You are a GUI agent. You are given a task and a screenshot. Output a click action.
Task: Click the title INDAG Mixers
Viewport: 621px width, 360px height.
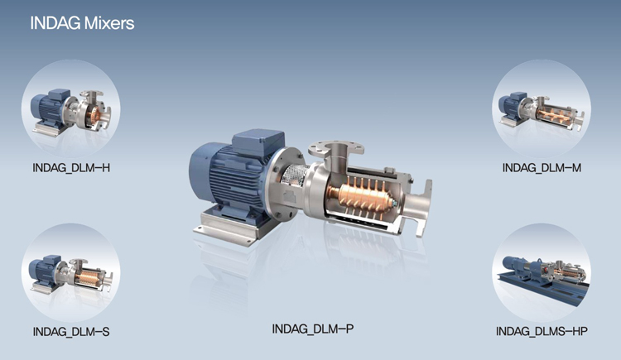tap(82, 23)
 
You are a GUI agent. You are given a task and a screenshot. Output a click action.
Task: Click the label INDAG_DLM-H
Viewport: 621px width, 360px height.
tap(71, 168)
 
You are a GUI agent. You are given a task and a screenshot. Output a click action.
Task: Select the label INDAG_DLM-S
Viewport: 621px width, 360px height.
tap(71, 332)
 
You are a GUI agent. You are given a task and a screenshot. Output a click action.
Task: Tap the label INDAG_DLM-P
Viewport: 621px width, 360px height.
tap(313, 329)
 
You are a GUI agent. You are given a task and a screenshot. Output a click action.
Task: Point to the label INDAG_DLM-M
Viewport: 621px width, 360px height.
tap(542, 168)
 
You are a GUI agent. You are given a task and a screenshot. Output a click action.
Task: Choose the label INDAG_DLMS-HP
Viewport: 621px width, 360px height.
tap(542, 331)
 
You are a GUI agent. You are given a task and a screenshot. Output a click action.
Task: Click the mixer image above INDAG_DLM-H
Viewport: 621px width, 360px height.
tap(71, 109)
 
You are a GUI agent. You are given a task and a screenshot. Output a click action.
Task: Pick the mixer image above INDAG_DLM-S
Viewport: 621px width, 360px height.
tap(71, 272)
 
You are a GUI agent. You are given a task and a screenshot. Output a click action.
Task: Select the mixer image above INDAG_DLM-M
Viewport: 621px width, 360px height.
tap(542, 109)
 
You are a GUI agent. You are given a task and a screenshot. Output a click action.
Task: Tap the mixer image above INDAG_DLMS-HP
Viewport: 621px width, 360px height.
tap(542, 272)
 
